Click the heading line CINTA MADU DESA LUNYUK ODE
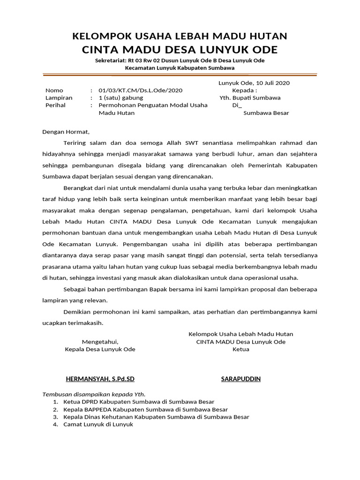click(180, 50)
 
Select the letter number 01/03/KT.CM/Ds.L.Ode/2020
click(141, 90)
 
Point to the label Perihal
click(55, 105)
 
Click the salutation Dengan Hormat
click(66, 132)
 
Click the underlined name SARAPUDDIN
click(241, 379)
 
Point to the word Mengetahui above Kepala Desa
click(100, 342)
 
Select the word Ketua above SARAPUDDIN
click(241, 349)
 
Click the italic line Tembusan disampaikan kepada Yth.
click(94, 394)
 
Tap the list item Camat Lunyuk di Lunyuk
click(98, 424)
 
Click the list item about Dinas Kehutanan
click(156, 417)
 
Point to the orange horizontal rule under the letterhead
click(180, 74)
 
